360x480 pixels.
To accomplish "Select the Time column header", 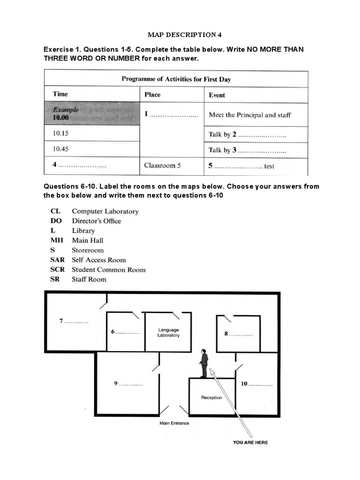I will tap(60, 94).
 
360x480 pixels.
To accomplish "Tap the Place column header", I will tap(152, 95).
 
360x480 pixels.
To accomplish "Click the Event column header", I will tap(217, 95).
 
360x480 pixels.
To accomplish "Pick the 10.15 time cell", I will tap(61, 134).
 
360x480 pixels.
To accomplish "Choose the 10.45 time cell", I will tap(61, 150).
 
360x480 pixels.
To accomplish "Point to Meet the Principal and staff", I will tap(249, 115).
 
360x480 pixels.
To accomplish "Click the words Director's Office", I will tap(96, 221).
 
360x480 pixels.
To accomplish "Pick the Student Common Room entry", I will tap(108, 270).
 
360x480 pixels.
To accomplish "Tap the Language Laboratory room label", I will tap(168, 333).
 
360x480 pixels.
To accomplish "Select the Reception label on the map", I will tap(211, 397).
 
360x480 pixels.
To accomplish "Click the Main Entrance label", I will tap(174, 423).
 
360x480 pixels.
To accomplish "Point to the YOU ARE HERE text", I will tap(250, 442).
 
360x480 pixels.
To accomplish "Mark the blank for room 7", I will tap(76, 322).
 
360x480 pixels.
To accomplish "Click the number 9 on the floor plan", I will tap(116, 383).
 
